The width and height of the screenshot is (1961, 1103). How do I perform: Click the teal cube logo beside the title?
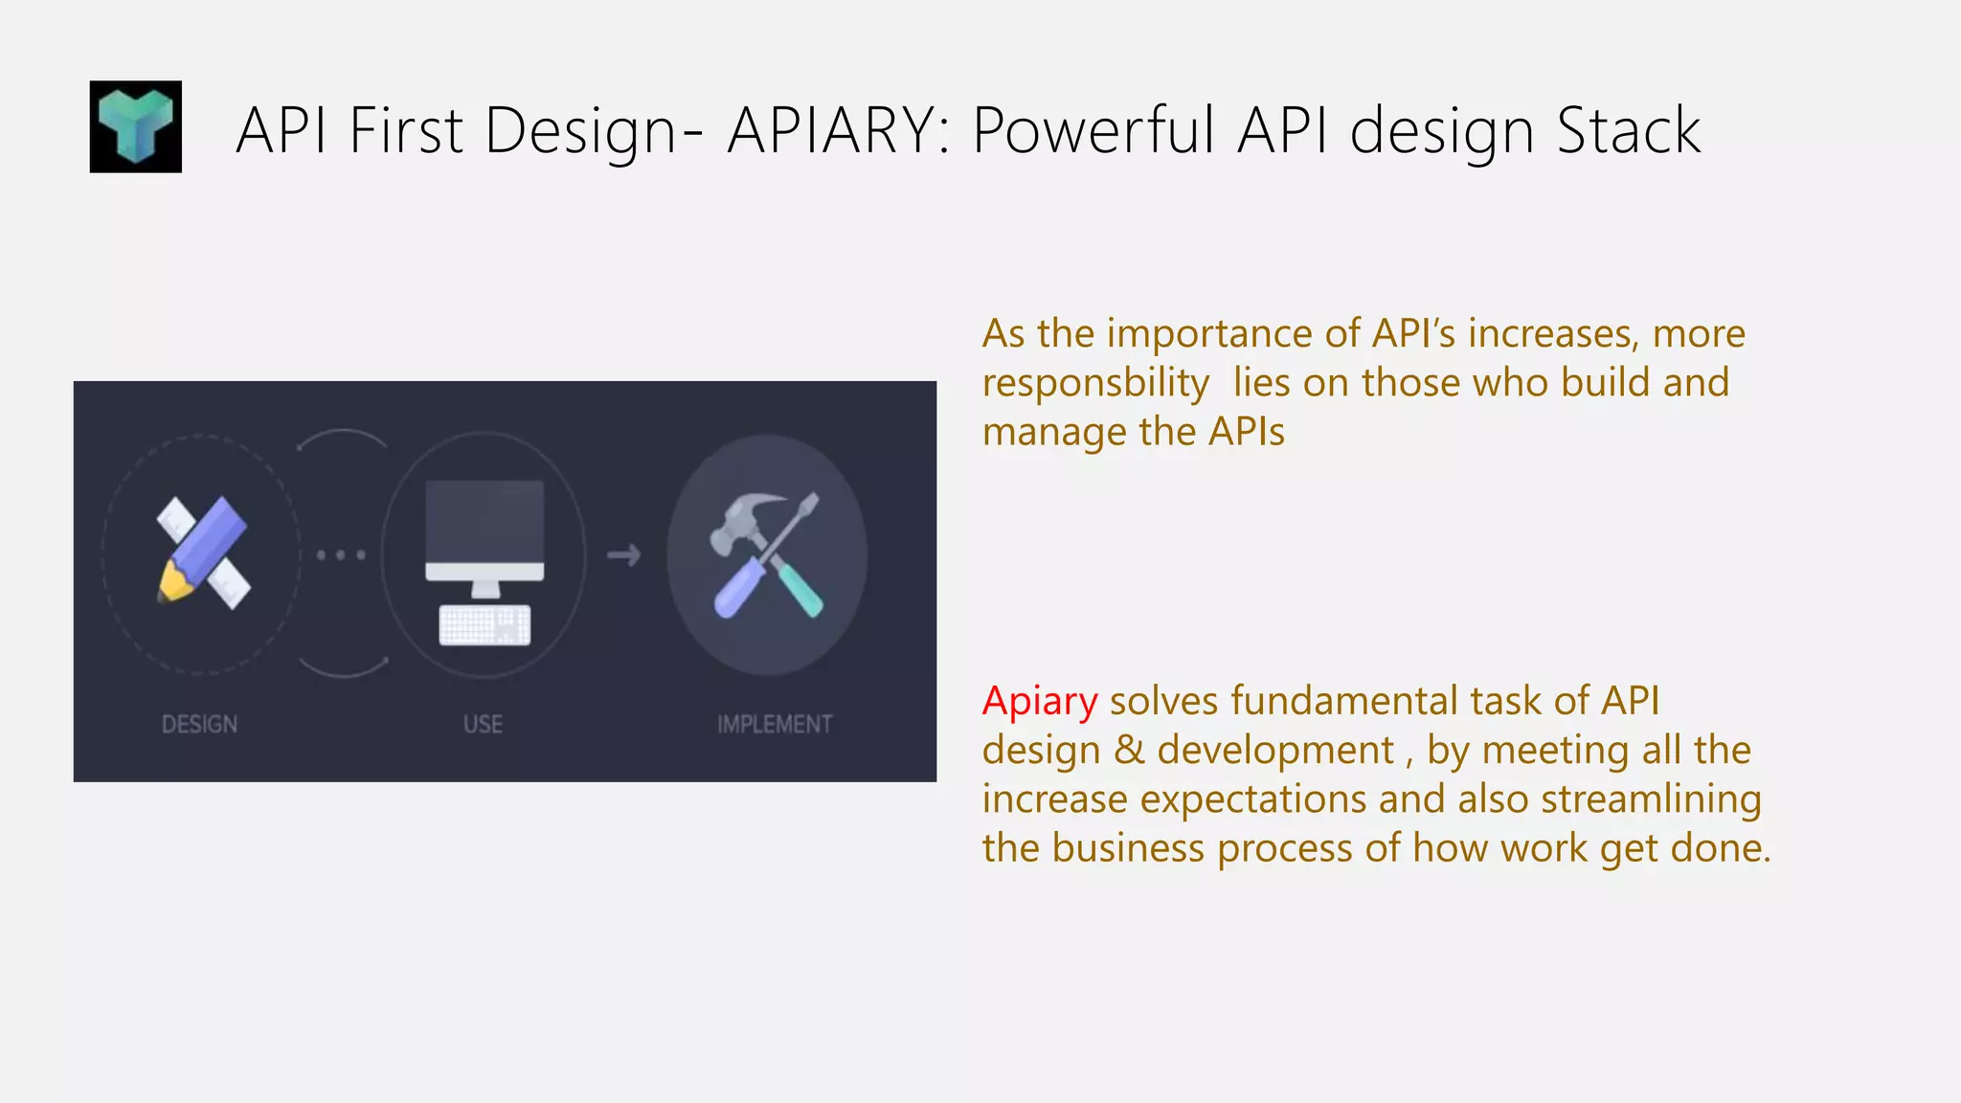tap(135, 126)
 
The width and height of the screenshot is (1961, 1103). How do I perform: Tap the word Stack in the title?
tap(1628, 130)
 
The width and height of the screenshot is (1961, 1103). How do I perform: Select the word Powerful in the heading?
tap(1093, 130)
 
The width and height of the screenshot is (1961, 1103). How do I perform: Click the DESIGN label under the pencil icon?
tap(199, 725)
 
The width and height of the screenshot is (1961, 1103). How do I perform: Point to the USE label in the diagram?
tap(483, 725)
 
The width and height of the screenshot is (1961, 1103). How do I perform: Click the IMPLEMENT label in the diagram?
tap(775, 725)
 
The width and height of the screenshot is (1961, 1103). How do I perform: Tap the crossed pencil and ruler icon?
tap(203, 552)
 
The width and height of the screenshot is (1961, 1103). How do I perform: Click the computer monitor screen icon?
tap(485, 523)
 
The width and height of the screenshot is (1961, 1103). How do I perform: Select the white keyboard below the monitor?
tap(485, 625)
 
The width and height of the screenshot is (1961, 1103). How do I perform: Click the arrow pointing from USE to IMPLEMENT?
tap(624, 554)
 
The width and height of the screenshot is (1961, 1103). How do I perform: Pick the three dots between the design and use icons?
tap(341, 554)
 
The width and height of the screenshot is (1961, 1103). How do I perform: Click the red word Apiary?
tap(1039, 702)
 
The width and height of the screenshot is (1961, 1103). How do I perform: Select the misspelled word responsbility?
tap(1095, 383)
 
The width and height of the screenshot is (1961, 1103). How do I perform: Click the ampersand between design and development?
tap(1129, 750)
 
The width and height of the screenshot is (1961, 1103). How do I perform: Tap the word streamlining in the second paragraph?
tap(1651, 799)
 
